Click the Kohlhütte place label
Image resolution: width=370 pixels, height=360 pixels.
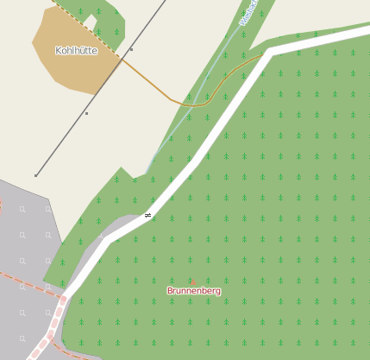pos(76,51)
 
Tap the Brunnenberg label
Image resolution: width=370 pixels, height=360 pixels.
pos(194,292)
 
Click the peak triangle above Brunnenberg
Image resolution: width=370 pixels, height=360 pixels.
pos(193,282)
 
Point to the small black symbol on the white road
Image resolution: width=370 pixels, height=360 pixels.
pos(147,215)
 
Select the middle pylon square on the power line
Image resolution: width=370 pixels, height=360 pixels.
pos(86,113)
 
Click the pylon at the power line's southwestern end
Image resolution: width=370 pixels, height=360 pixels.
pos(35,175)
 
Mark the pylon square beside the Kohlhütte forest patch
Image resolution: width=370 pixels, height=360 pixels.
pos(131,50)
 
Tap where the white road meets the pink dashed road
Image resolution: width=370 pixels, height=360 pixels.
pos(63,300)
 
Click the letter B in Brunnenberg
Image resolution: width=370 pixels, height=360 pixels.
pos(170,292)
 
